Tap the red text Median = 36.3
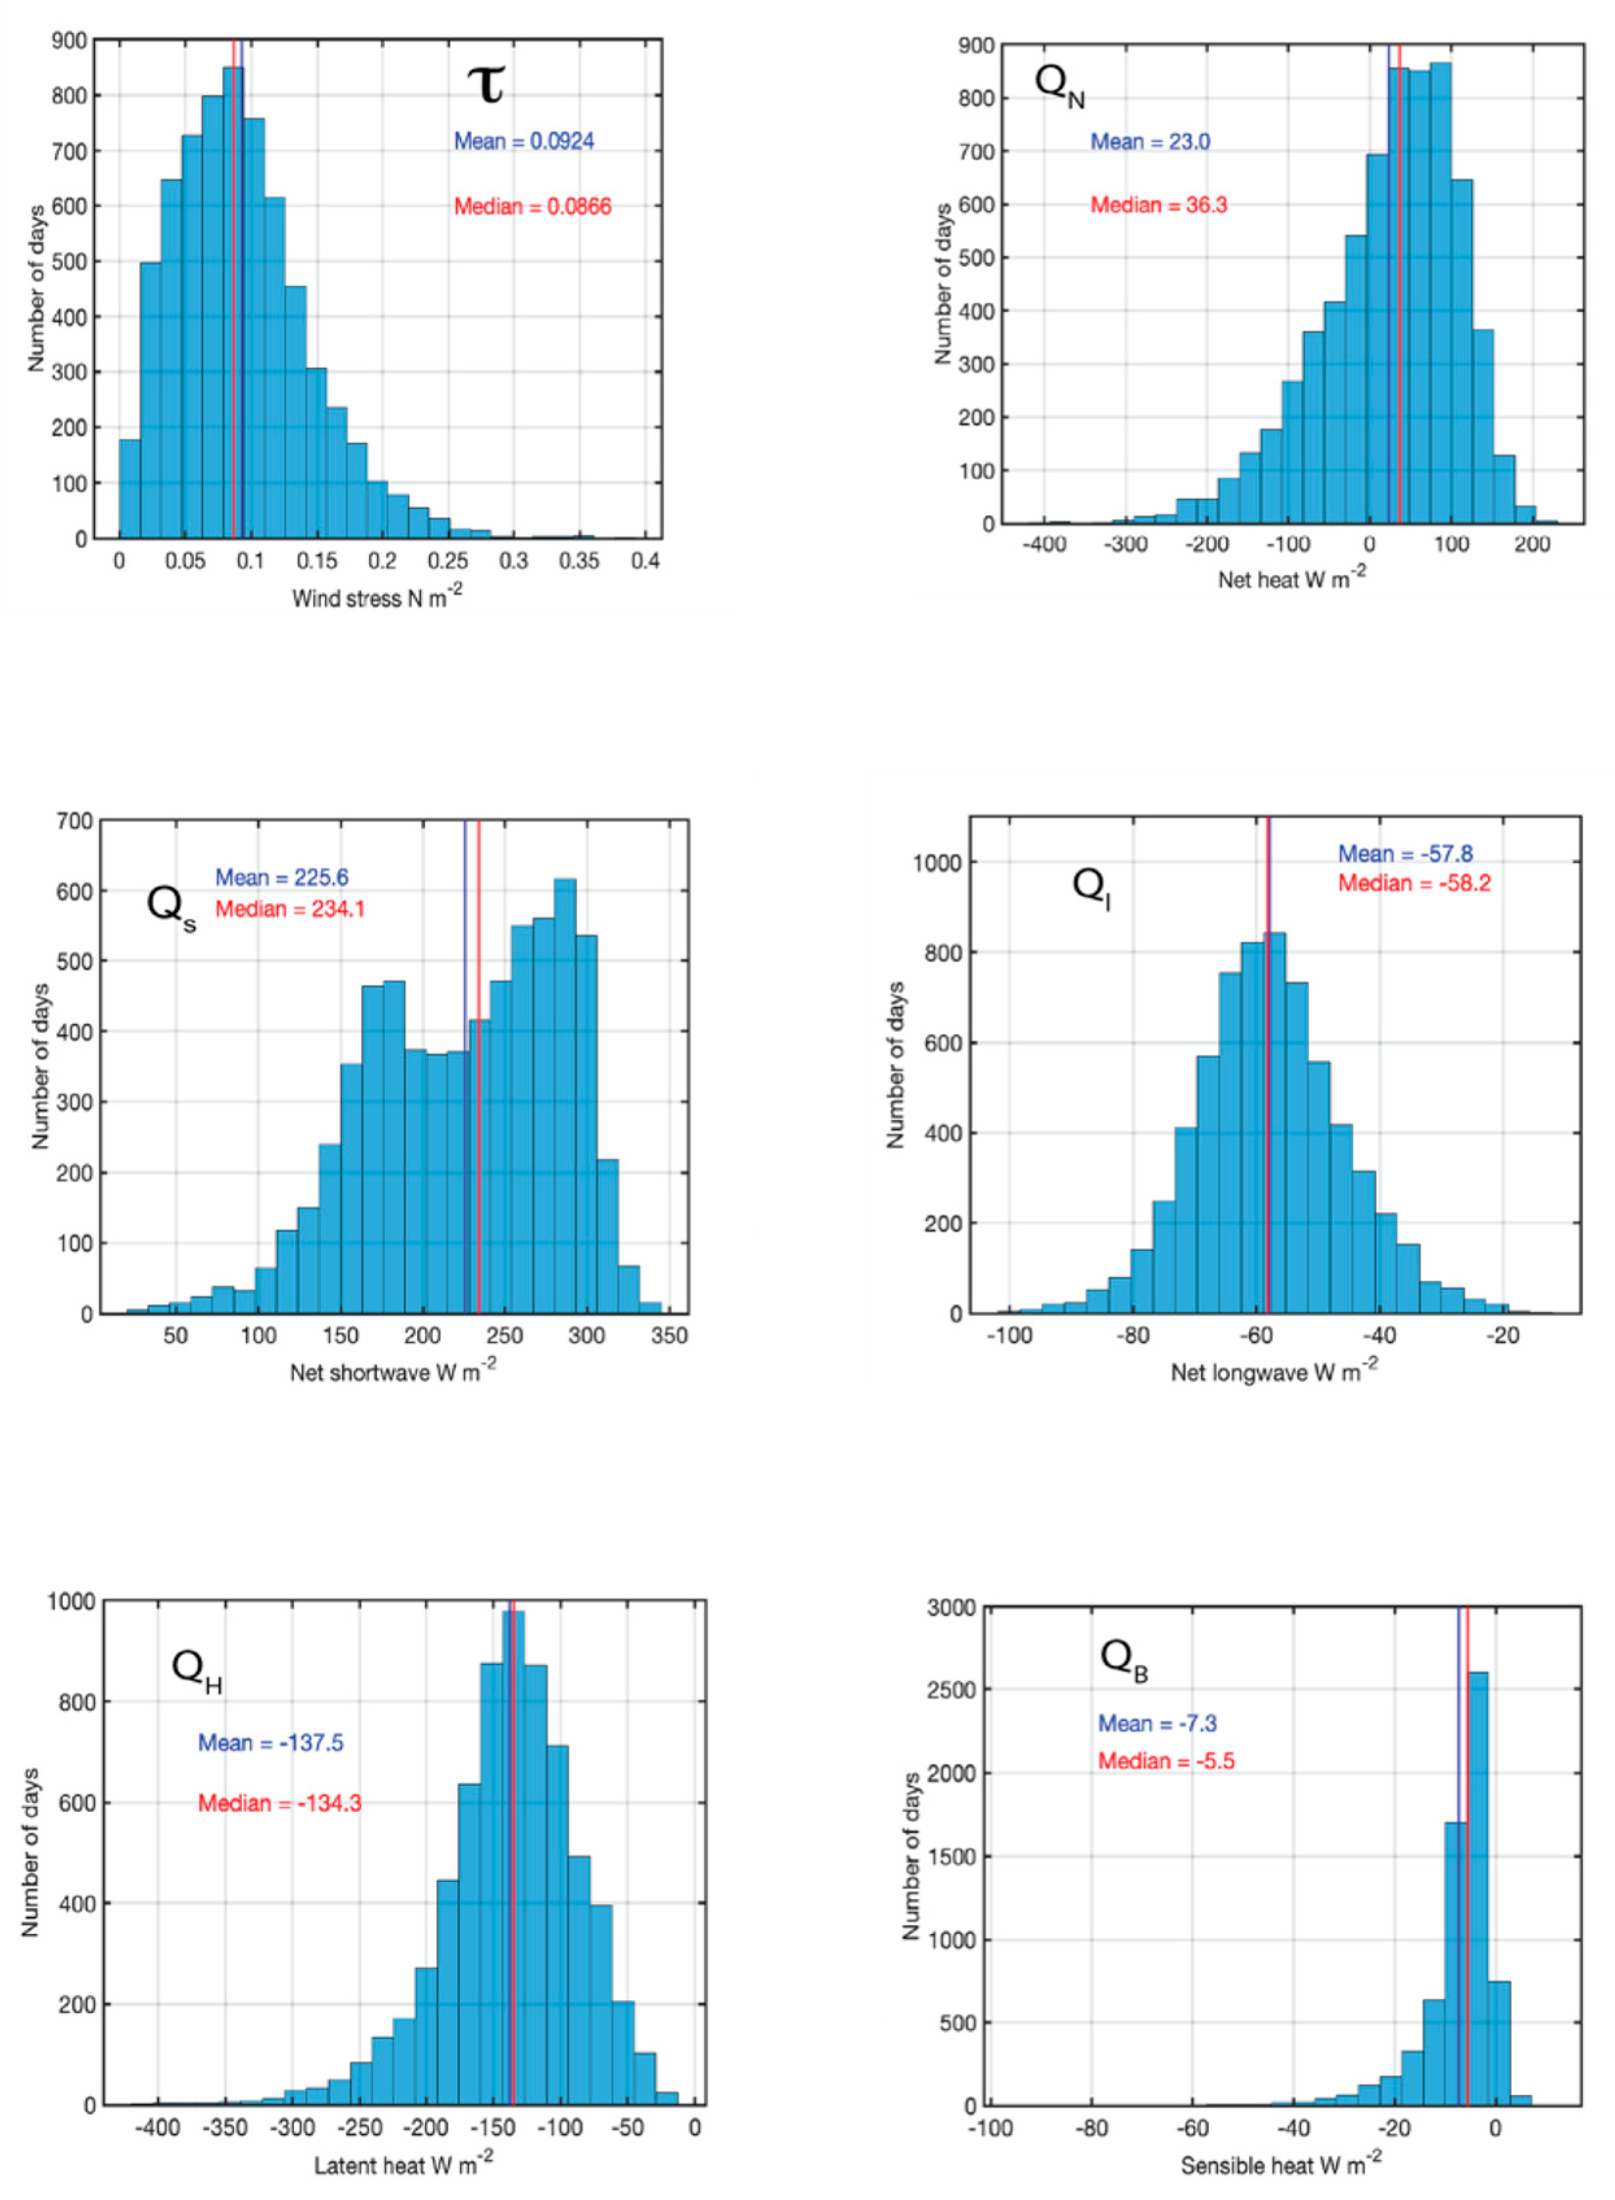point(1158,205)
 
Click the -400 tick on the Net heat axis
point(1043,544)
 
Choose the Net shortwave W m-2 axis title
point(392,1372)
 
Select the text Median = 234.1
point(290,909)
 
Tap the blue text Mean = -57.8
point(1405,853)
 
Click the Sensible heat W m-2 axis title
point(1281,2166)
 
